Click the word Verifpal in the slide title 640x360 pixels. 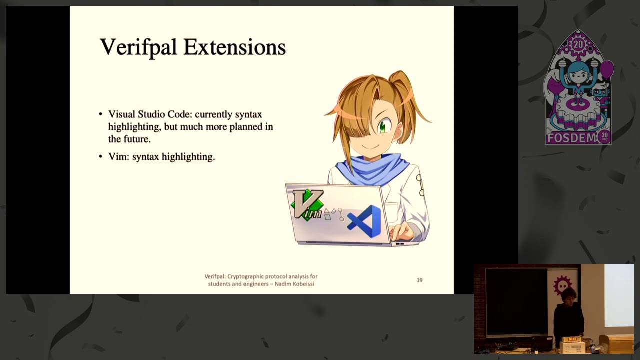tap(138, 47)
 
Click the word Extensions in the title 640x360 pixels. tap(234, 47)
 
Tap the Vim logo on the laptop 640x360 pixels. tap(307, 204)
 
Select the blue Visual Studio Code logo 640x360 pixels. tap(365, 221)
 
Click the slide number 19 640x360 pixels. tap(419, 280)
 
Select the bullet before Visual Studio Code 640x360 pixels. tap(101, 114)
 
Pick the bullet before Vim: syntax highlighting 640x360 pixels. tap(101, 157)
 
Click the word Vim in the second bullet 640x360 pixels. tap(118, 157)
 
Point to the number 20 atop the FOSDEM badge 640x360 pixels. tap(578, 44)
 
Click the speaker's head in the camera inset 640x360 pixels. tap(571, 295)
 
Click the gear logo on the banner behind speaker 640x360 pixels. tap(562, 285)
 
